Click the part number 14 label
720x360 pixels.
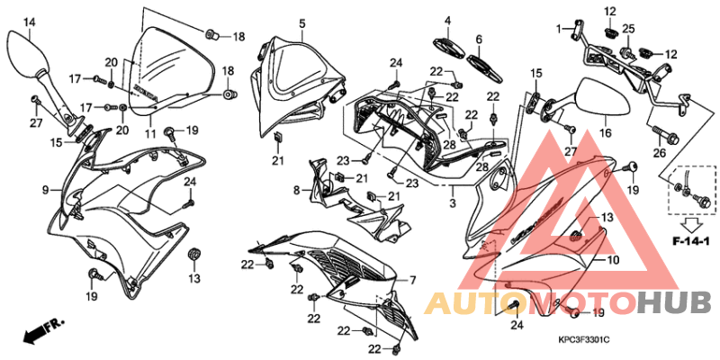click(x=29, y=21)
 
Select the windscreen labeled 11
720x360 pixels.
click(x=173, y=71)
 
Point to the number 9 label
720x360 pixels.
click(x=46, y=189)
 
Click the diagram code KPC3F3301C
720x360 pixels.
click(x=583, y=340)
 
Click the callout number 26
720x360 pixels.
click(x=660, y=153)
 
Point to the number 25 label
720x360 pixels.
click(x=628, y=29)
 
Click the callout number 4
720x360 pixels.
click(x=447, y=21)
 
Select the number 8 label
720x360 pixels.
click(x=296, y=189)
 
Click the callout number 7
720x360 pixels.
click(x=412, y=280)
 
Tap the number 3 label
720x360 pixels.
click(x=453, y=202)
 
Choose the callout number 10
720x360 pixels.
click(x=613, y=260)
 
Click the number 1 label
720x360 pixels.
click(x=559, y=29)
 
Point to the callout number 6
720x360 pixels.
click(x=479, y=40)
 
